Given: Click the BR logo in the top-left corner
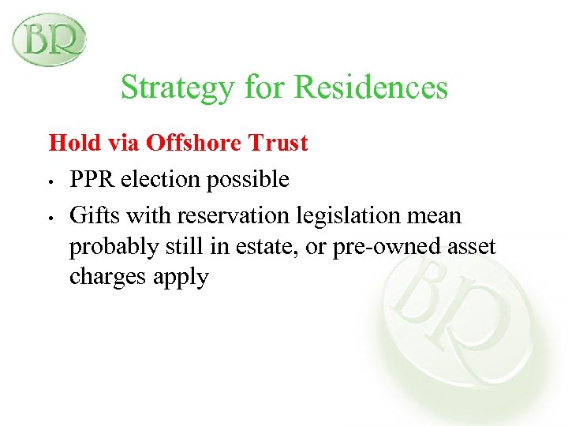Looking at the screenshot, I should (x=49, y=39).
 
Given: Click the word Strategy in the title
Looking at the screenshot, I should (x=175, y=88).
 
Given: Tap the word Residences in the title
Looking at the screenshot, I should (x=371, y=87).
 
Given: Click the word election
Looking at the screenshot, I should (x=163, y=180).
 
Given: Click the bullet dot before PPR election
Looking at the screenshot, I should (x=50, y=181).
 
